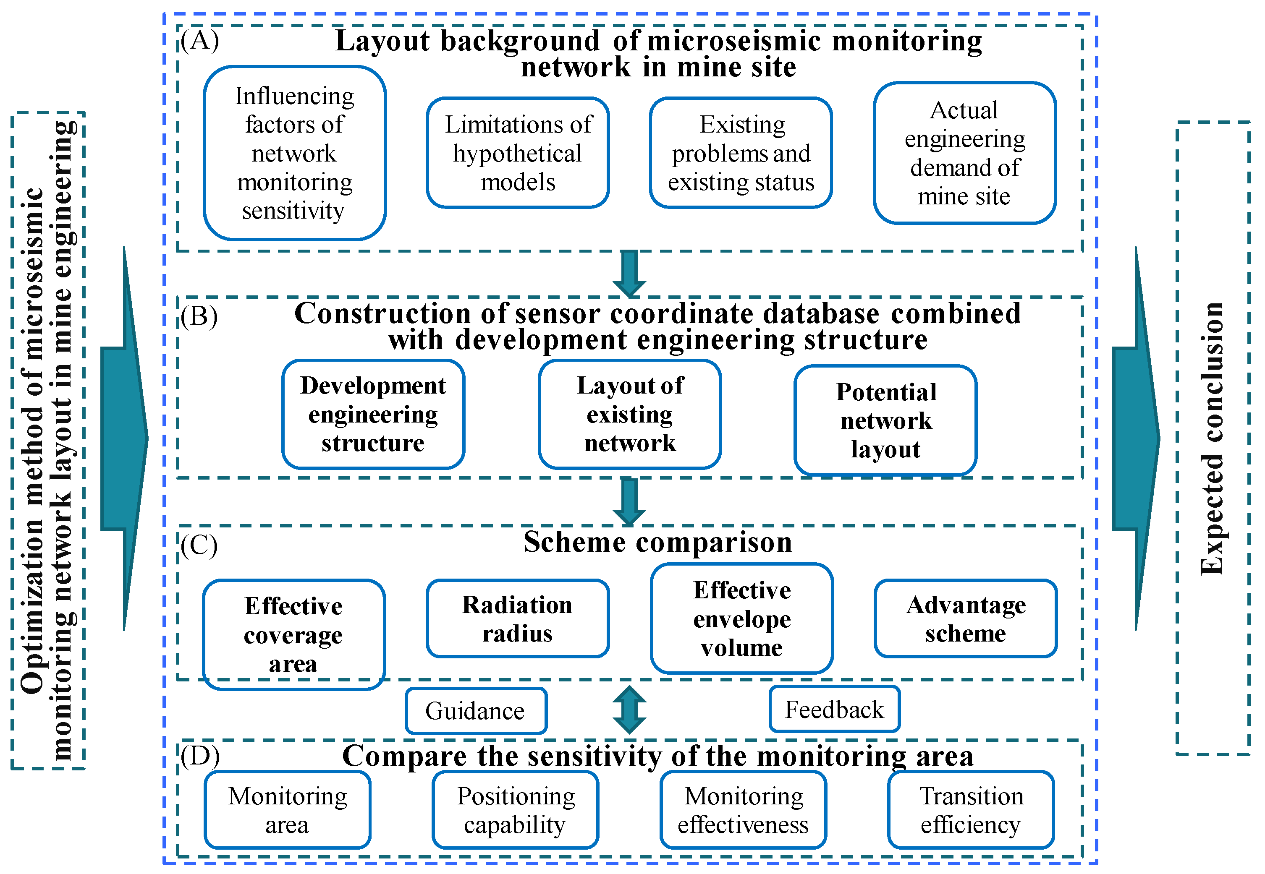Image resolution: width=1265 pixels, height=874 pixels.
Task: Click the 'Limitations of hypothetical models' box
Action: point(518,153)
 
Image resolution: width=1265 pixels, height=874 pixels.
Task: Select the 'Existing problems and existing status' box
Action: point(741,153)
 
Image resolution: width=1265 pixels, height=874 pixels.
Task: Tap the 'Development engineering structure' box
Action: point(373,414)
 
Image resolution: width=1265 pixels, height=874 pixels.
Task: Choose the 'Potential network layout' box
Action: point(885,420)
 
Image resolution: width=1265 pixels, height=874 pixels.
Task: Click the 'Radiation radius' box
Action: point(518,618)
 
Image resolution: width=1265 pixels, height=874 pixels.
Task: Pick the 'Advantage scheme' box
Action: point(965,618)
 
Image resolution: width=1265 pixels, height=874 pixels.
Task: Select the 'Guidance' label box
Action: point(476,711)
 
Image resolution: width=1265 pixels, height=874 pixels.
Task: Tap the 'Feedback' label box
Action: point(834,709)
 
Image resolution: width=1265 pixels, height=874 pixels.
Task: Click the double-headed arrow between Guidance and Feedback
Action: point(629,710)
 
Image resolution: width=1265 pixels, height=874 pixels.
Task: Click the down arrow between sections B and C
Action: point(629,501)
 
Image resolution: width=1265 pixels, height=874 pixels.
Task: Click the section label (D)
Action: point(200,756)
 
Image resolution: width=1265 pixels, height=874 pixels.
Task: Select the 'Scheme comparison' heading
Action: point(657,542)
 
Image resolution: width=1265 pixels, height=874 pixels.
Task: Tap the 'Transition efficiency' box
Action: point(971,809)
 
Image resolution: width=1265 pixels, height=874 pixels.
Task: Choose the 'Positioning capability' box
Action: point(516,809)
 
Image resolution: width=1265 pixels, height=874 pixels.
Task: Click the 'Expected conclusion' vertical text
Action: point(1212,438)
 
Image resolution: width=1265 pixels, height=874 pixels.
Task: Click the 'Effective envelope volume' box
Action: point(742,618)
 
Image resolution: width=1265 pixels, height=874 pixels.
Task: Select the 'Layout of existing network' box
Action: point(629,414)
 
